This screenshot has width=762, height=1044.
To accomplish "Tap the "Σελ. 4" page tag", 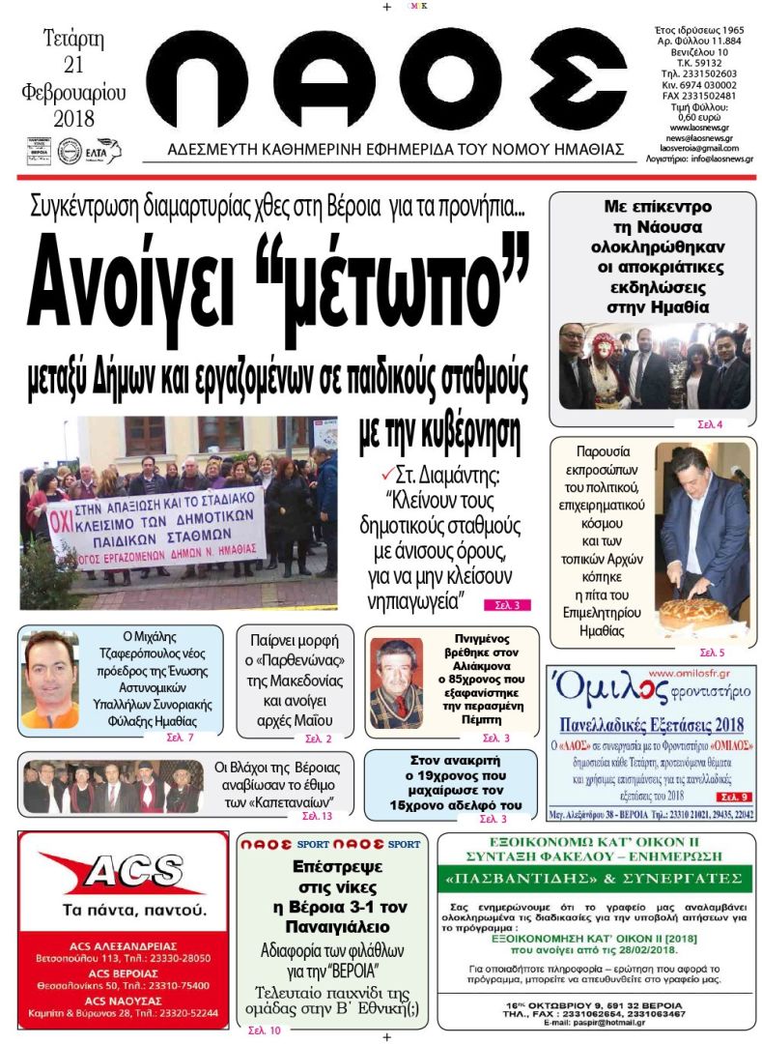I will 710,424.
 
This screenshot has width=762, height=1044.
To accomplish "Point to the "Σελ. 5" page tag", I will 712,652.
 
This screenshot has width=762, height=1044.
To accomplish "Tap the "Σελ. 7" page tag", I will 183,739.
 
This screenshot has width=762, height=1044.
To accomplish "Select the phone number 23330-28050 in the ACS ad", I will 175,958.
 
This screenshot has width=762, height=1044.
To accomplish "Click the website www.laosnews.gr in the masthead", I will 699,128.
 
